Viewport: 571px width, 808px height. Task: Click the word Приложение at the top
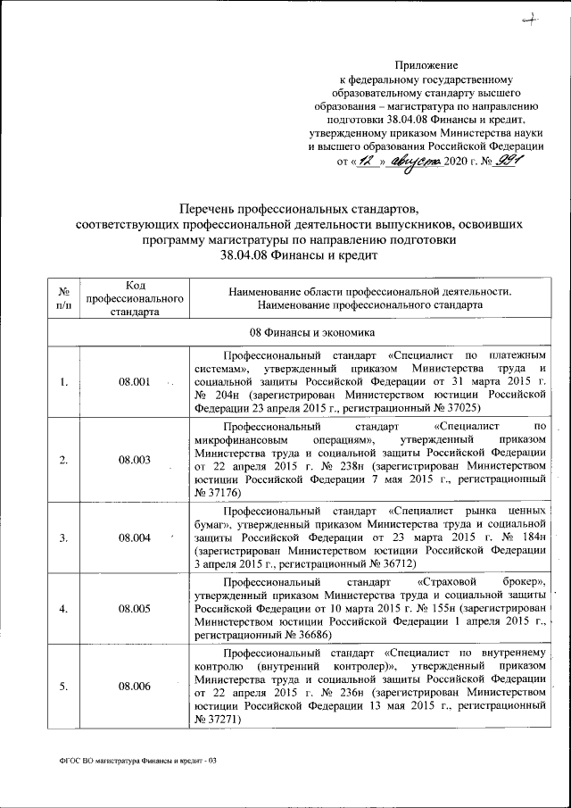426,65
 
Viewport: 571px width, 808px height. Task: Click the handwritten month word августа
414,162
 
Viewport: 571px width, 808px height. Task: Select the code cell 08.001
135,383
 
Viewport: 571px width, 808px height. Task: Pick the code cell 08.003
135,461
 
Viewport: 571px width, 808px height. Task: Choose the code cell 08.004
135,538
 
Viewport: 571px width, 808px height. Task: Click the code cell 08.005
135,609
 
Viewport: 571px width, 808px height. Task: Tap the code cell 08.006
135,687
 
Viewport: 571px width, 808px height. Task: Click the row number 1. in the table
64,383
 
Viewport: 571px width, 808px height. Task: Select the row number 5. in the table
64,687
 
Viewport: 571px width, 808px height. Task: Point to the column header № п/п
64,298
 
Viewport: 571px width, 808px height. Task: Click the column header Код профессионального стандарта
135,298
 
